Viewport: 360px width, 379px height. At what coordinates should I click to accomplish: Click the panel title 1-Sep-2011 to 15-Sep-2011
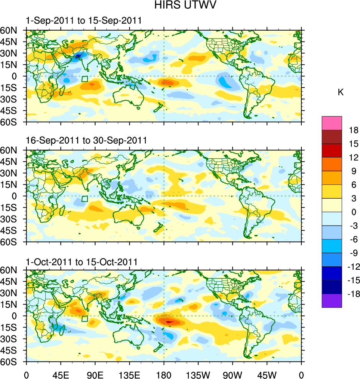tap(84, 21)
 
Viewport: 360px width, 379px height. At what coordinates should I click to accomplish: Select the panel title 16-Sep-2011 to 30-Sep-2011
tap(86, 140)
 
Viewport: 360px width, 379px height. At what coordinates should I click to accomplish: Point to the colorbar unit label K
tap(341, 92)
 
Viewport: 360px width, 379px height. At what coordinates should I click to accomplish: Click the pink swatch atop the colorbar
tap(332, 123)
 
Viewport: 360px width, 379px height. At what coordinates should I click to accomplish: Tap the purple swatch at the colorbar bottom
tap(332, 300)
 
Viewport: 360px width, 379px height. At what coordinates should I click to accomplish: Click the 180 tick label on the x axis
tap(164, 374)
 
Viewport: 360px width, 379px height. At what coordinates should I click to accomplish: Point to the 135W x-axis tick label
tap(198, 374)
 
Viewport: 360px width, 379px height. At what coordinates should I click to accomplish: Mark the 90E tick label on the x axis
tap(95, 374)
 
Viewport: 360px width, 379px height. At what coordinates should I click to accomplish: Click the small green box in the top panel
tap(84, 79)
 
